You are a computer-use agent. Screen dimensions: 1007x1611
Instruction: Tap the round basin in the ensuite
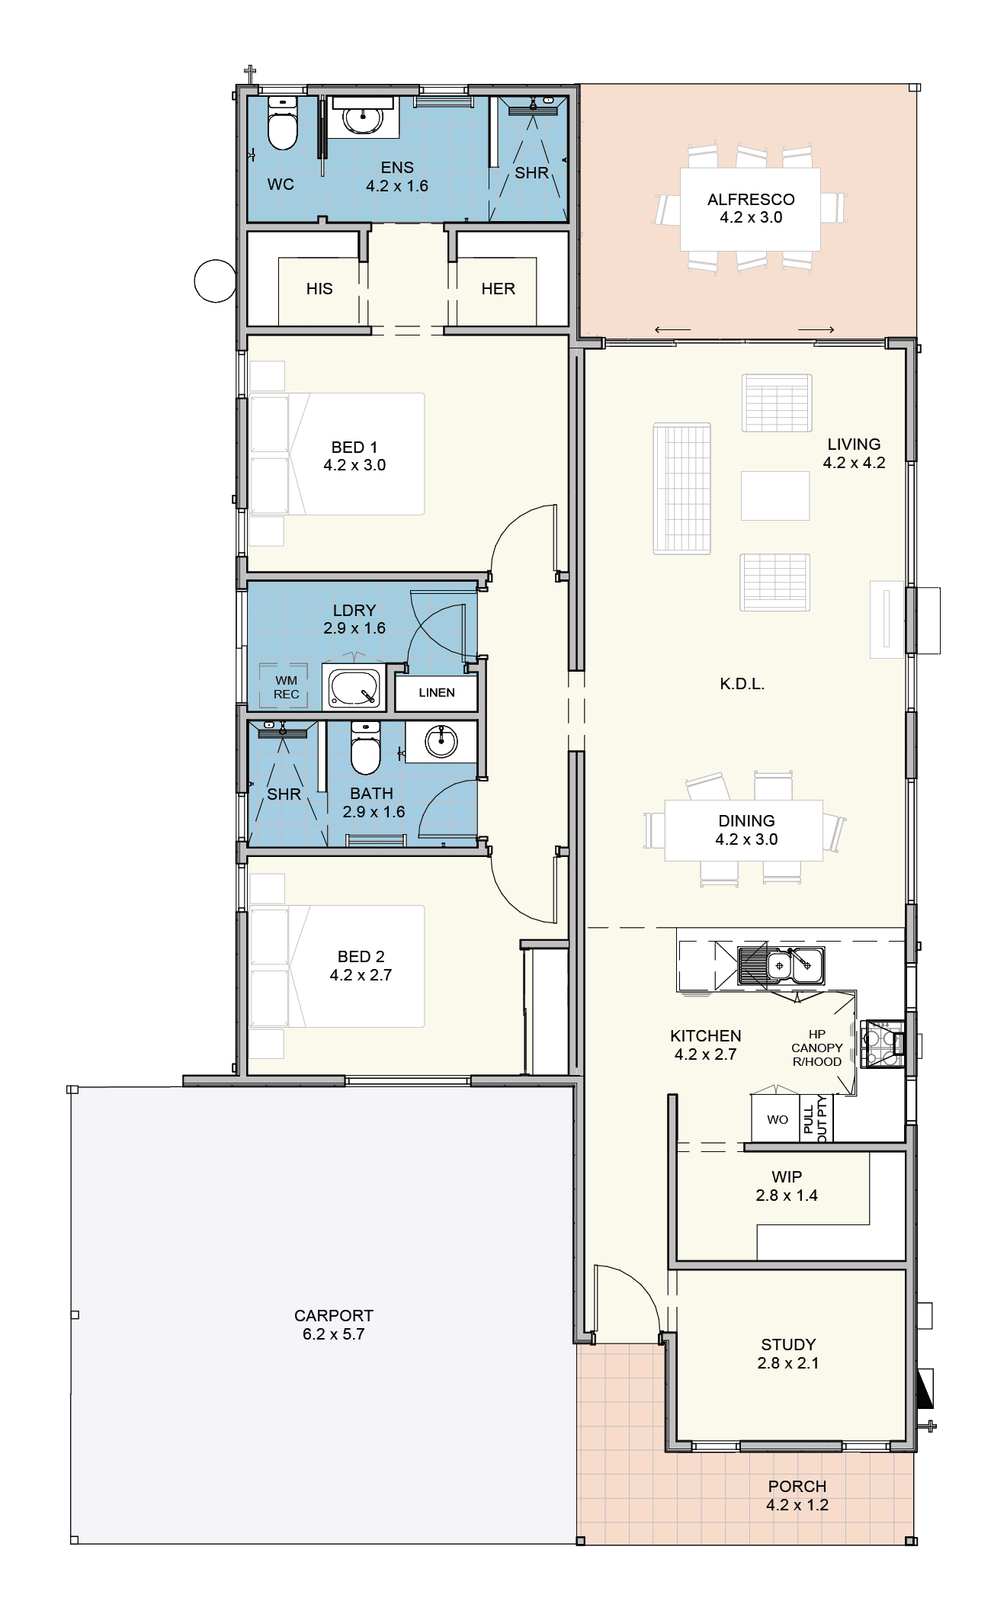coord(362,117)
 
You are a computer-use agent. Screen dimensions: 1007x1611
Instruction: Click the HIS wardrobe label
coord(319,289)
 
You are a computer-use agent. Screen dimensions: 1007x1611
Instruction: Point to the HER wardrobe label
coord(499,289)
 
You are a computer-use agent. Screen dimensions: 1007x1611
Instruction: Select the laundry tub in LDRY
coord(354,688)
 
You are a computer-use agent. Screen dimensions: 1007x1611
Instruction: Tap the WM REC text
coord(287,687)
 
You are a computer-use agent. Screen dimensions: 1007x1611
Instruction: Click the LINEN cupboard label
coord(437,692)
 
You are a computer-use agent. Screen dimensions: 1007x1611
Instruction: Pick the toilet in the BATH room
coord(365,747)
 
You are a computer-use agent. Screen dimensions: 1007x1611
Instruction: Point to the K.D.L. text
coord(742,684)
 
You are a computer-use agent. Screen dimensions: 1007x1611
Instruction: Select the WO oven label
coord(778,1119)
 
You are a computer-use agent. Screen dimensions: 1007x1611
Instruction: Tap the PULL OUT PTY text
coord(815,1118)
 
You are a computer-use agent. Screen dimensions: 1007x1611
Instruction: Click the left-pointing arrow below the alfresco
coord(672,329)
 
